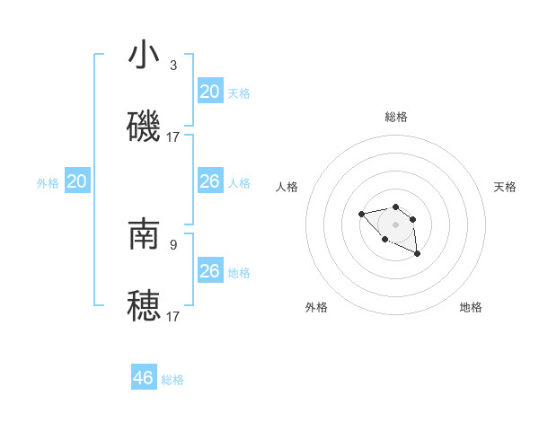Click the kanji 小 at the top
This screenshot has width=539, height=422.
tap(144, 56)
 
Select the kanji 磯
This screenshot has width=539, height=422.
tap(144, 127)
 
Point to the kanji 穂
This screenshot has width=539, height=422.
tap(144, 305)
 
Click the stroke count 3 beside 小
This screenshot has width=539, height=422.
tap(173, 66)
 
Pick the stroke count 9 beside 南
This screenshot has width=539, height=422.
tap(173, 243)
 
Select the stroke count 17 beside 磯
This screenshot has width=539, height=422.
tap(173, 137)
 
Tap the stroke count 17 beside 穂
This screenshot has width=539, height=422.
tap(173, 316)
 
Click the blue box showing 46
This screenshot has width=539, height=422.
tap(144, 377)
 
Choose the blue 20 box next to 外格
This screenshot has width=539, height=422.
tap(76, 182)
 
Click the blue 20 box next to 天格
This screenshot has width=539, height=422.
tap(209, 92)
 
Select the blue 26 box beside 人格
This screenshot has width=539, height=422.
tap(209, 182)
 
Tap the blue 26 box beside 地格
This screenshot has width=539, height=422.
tap(209, 271)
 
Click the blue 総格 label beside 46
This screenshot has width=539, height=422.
tap(172, 380)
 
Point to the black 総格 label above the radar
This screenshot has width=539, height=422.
tap(396, 117)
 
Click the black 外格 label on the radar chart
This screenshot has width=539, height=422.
tap(316, 307)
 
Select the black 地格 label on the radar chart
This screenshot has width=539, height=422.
tap(471, 307)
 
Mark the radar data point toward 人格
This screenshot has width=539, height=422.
tap(361, 214)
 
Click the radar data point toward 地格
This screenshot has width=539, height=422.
tap(418, 255)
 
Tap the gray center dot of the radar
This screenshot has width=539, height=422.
tap(395, 224)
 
